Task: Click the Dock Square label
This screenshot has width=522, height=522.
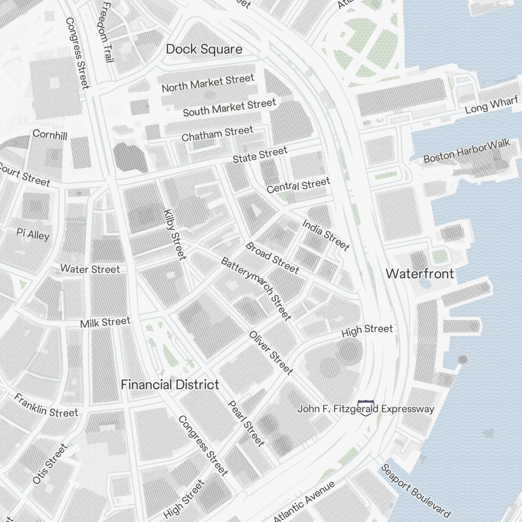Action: [x=204, y=50]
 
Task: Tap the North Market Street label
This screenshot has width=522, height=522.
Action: [x=208, y=84]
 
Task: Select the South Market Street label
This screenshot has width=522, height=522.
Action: [x=229, y=108]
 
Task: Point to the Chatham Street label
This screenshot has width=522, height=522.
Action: [x=217, y=134]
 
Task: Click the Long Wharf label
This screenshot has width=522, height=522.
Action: [x=491, y=105]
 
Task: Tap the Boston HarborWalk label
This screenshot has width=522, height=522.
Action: [x=467, y=151]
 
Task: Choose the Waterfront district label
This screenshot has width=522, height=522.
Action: [x=420, y=274]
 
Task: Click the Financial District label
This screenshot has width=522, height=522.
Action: [x=170, y=385]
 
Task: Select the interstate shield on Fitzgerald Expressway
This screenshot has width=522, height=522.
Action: [x=367, y=408]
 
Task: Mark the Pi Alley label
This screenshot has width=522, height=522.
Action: [x=33, y=234]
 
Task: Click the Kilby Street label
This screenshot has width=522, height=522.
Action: [x=175, y=234]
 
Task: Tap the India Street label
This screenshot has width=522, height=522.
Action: [x=326, y=235]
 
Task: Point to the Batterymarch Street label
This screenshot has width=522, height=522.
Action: [x=255, y=288]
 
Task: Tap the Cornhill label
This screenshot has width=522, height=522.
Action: [x=50, y=135]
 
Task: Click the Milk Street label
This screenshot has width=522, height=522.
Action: [x=105, y=323]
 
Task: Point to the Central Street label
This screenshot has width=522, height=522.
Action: [x=298, y=185]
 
